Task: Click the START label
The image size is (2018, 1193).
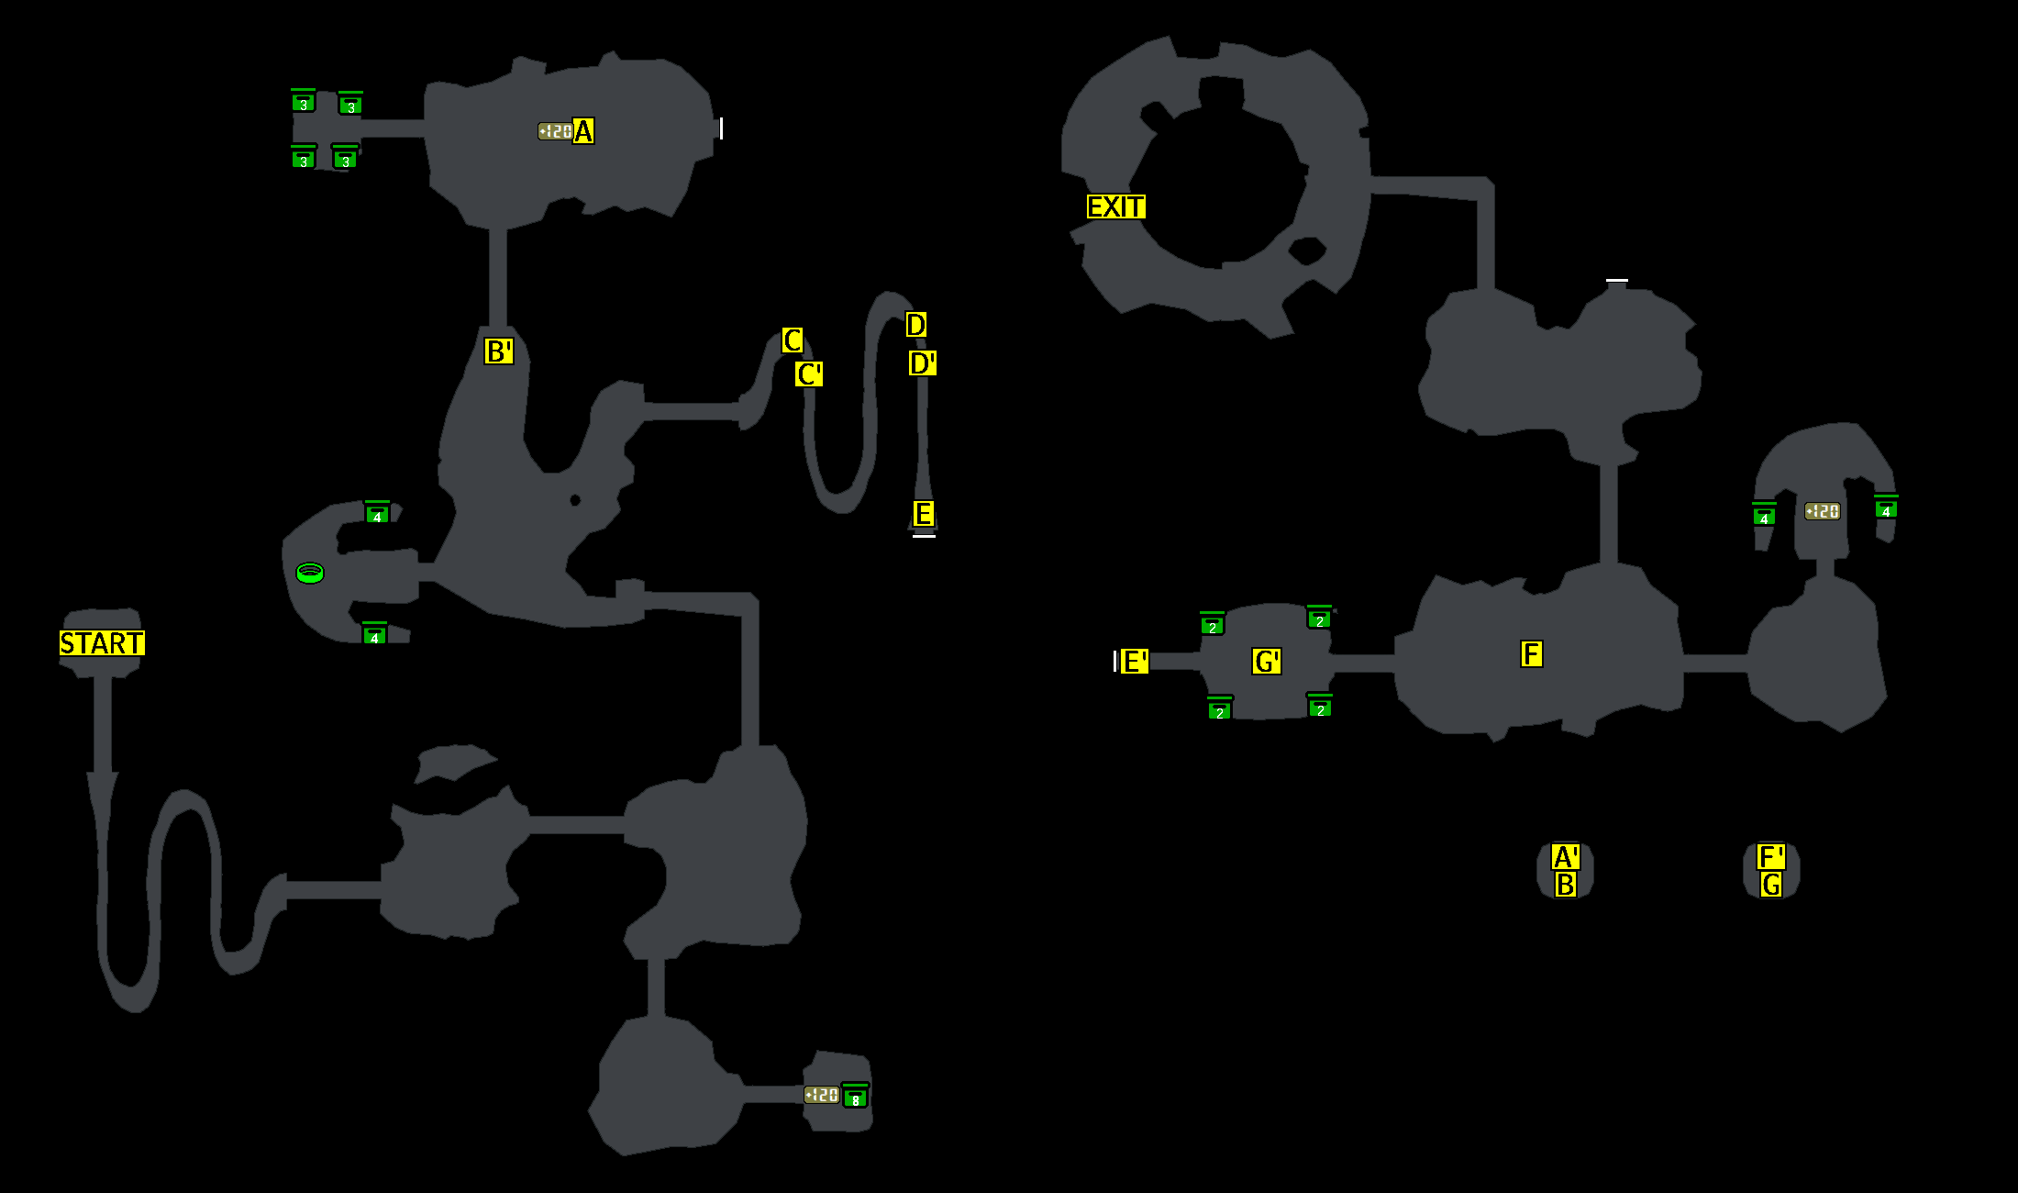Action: coord(102,643)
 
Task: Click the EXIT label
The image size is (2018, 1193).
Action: coord(1115,206)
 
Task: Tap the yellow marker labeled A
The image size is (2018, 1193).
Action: coord(582,131)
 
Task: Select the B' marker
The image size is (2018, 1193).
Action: coord(498,351)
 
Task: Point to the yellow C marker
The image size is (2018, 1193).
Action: coord(793,340)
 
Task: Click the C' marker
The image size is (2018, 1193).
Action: coord(808,374)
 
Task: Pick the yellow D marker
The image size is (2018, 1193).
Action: coord(915,324)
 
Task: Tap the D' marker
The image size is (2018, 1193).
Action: coord(922,363)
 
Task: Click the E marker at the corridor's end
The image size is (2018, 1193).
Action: coord(923,514)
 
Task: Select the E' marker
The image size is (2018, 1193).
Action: coord(1134,662)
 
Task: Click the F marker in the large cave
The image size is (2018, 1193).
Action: coord(1531,654)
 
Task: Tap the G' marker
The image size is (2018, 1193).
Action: coord(1266,662)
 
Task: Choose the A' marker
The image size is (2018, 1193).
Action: coord(1565,858)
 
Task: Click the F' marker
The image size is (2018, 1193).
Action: coord(1770,858)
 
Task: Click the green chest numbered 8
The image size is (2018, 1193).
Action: coord(855,1097)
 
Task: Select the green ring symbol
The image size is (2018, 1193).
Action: coord(310,574)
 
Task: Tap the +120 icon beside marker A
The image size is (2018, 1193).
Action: coord(555,132)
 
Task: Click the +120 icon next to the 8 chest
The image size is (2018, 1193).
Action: coord(821,1095)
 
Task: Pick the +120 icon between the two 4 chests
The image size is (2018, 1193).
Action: coord(1822,511)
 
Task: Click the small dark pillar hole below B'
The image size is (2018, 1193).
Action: coord(575,500)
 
